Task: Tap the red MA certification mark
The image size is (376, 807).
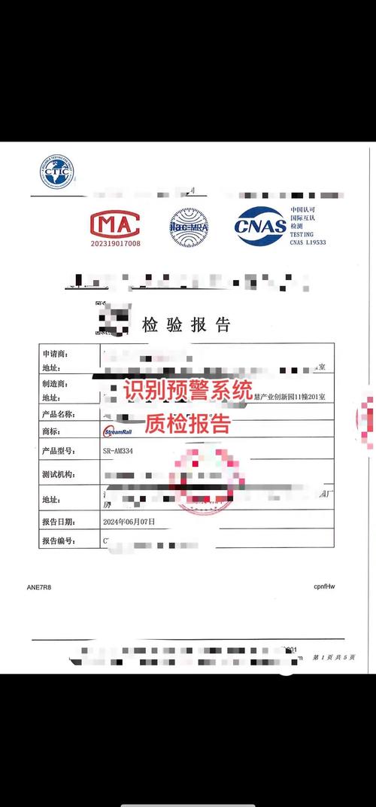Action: (115, 224)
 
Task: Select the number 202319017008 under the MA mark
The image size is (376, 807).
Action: (115, 243)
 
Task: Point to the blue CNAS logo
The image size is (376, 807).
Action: (260, 225)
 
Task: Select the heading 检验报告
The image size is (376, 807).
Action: (186, 325)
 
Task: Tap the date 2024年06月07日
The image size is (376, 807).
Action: (129, 521)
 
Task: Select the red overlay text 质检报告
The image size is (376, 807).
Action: (187, 423)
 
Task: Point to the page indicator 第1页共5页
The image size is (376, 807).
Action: (334, 657)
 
